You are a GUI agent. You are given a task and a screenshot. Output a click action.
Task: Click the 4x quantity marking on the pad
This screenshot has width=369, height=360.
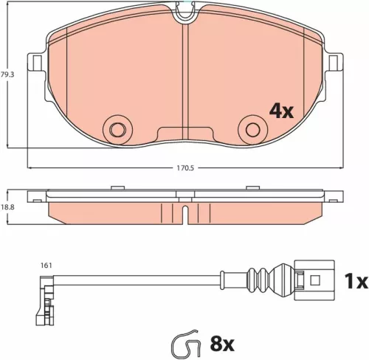point(281,111)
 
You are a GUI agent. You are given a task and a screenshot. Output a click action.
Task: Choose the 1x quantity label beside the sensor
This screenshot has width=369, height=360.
point(356,281)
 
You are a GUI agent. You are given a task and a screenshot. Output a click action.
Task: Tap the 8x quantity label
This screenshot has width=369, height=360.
point(221,344)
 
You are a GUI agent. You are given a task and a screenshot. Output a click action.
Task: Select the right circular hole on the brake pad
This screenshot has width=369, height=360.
point(253,128)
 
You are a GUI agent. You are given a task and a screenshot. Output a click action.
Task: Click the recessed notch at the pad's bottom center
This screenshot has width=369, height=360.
point(184,133)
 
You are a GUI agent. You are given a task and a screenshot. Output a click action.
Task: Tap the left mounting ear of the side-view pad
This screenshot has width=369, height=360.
point(35,198)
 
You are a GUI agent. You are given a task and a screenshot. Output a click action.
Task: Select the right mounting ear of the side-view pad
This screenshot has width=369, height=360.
point(334,198)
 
